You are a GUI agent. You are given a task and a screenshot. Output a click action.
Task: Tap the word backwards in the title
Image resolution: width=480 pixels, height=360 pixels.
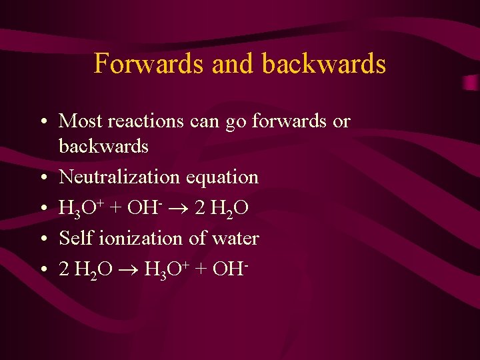click(x=324, y=63)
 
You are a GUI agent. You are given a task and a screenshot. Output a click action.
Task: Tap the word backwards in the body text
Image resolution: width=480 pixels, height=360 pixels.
click(x=103, y=145)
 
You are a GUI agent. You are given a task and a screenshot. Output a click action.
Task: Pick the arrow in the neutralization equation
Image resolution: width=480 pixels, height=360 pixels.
click(x=184, y=209)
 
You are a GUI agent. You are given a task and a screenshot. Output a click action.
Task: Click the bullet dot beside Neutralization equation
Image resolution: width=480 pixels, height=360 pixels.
click(x=42, y=178)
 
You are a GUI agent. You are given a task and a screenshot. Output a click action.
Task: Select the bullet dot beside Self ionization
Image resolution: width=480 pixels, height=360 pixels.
click(x=42, y=239)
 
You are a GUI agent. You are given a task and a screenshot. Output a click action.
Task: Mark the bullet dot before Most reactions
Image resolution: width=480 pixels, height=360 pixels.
click(x=42, y=121)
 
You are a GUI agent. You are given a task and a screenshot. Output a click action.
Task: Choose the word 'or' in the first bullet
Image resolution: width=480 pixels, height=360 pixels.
click(x=341, y=121)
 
